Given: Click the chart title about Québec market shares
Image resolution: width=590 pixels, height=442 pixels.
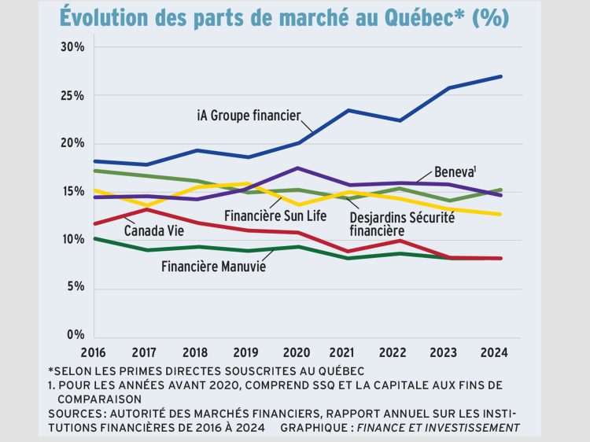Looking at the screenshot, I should pos(284,17).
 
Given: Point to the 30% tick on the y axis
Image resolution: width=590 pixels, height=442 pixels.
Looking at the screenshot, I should pos(72,47).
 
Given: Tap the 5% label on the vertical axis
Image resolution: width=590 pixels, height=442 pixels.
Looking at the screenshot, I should pos(76,287).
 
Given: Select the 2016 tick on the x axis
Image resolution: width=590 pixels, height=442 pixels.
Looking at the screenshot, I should pos(94,351).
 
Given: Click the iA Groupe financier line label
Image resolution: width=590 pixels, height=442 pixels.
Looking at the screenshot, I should pos(249,116).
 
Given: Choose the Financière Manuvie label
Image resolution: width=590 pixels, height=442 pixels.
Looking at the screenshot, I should pos(213,266).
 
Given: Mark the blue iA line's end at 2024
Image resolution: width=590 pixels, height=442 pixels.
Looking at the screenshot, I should pos(501,76).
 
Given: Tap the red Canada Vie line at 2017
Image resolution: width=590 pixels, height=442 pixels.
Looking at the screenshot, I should pos(145,208).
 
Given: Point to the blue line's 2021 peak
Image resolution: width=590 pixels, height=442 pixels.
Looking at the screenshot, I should pos(348,110).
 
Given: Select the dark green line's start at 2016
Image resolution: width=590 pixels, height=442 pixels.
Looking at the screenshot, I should pos(94,238).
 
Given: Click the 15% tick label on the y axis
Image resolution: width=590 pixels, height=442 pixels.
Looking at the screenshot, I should pos(73,191).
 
